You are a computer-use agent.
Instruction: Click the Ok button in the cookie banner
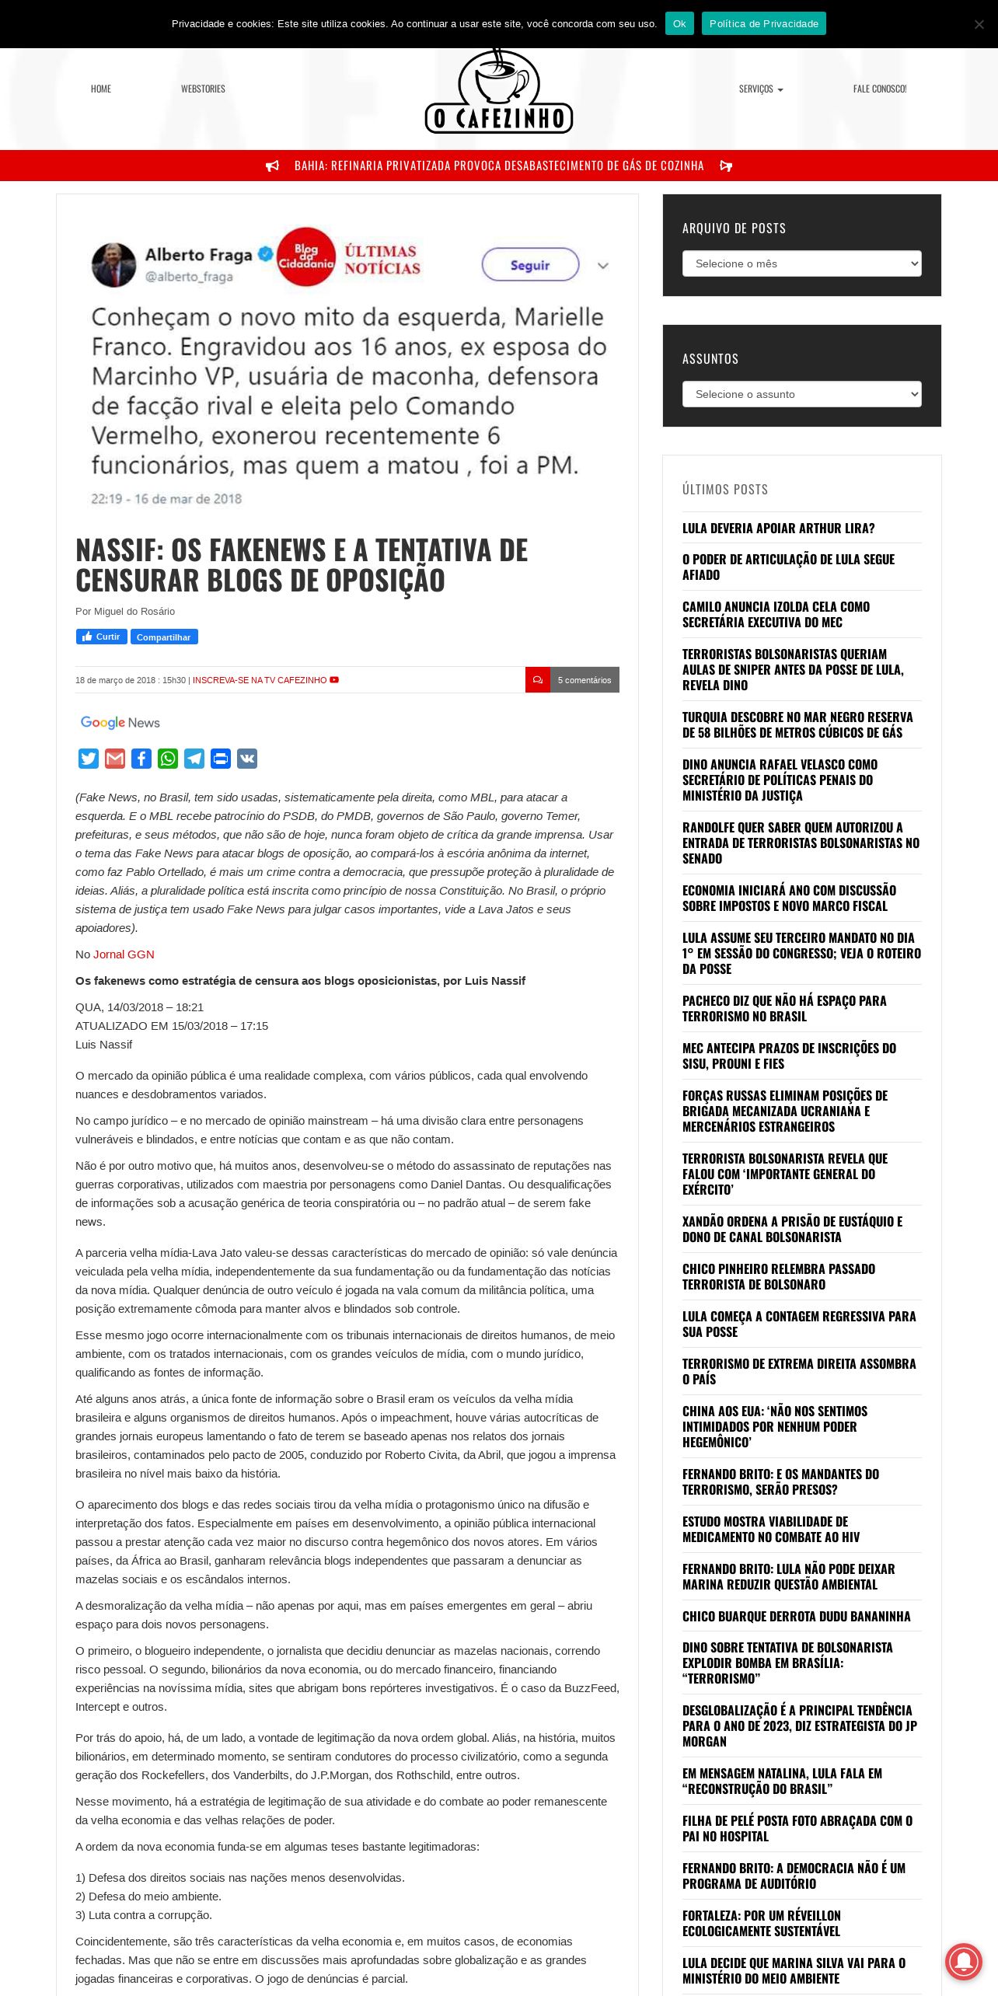(x=679, y=24)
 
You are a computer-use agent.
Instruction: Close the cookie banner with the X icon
(x=979, y=24)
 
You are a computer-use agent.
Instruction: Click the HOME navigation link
(x=101, y=89)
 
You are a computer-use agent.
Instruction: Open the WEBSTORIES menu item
(x=203, y=89)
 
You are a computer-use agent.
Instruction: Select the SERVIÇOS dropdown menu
(x=760, y=89)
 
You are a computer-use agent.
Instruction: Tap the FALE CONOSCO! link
(x=879, y=89)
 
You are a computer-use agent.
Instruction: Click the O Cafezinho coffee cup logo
(x=499, y=92)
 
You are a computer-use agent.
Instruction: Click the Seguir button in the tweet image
(x=530, y=265)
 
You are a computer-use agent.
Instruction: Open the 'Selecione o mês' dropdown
(x=801, y=263)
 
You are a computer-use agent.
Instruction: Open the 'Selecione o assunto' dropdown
(x=801, y=394)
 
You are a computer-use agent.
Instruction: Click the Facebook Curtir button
(x=101, y=637)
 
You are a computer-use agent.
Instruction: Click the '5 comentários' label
(x=584, y=680)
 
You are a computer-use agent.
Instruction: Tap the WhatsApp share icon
(x=168, y=759)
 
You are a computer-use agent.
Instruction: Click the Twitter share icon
(x=89, y=759)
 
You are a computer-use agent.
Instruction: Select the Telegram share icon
(x=194, y=759)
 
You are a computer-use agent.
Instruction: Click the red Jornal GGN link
(x=124, y=954)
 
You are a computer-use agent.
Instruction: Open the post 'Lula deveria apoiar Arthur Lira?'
(x=778, y=529)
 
